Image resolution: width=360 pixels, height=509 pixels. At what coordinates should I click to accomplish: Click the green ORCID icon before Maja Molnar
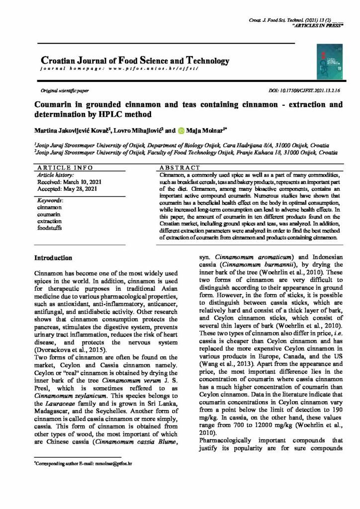coord(182,131)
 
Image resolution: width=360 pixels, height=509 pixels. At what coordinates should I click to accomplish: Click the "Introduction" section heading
coord(53,258)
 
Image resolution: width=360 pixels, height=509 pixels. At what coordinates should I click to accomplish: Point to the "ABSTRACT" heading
coord(180,168)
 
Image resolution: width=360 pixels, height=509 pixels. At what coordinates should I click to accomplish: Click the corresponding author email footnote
coord(83,463)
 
